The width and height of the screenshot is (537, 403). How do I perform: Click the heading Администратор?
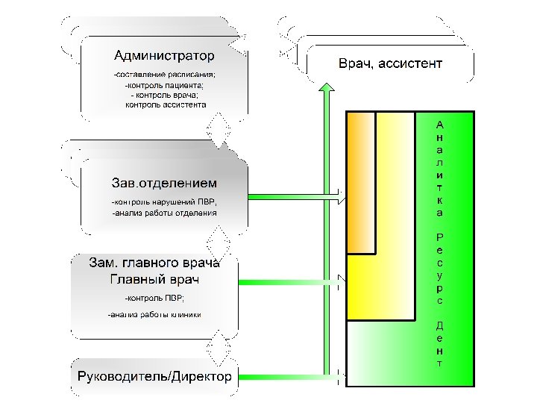164,55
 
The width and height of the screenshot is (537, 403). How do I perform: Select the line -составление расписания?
164,75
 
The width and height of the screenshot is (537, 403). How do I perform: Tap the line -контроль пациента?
164,85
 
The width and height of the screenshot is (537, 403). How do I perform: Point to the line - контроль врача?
164,95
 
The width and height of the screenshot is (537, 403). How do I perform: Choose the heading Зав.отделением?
164,183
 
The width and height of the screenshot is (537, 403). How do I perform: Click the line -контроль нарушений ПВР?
165,201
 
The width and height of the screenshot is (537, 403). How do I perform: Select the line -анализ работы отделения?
164,213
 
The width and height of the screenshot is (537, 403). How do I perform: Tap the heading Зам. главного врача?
154,263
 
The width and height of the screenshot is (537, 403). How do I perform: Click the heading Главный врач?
154,280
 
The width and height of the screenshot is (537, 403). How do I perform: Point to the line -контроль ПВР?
148,299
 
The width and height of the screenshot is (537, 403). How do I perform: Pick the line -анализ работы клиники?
154,314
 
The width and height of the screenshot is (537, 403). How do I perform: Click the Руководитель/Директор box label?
155,375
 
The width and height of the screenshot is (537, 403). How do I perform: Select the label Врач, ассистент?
390,63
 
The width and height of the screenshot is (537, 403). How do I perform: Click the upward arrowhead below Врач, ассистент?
326,90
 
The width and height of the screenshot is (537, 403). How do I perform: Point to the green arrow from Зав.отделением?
295,198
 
